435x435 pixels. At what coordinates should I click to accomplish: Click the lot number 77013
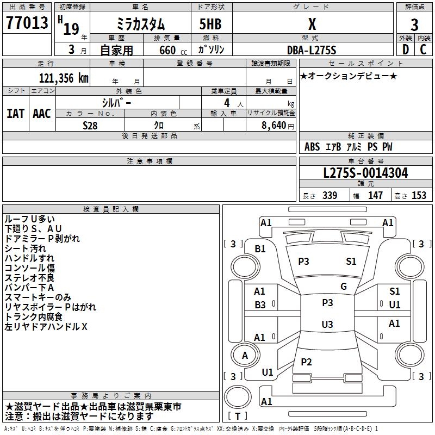pos(27,23)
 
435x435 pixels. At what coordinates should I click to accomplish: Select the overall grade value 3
pos(414,25)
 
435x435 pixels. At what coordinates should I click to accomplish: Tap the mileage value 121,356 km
pos(64,78)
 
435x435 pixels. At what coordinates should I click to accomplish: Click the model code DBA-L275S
pos(312,50)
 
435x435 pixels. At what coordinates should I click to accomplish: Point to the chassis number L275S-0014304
pos(365,173)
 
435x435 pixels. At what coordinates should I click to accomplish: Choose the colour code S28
pos(90,126)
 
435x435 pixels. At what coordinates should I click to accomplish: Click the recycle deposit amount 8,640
pos(274,126)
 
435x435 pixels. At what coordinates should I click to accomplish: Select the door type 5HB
pos(210,24)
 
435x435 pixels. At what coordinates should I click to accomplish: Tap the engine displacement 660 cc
pos(173,50)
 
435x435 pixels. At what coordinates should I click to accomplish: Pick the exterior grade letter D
pos(406,49)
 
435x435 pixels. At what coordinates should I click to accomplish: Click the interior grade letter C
pos(423,49)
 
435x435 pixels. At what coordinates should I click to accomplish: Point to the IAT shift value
pos(16,114)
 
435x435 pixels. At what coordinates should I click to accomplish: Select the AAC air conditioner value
pos(42,114)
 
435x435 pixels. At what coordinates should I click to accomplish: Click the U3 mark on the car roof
pos(327,324)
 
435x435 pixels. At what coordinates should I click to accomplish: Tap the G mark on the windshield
pos(344,287)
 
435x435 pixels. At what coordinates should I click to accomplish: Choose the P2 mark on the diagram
pos(306,362)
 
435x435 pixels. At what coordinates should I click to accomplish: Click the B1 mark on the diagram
pos(260,249)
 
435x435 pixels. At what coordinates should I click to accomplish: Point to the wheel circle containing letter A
pos(245,355)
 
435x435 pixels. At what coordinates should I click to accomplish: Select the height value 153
pos(419,195)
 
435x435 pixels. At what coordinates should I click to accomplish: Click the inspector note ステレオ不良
pos(29,278)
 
